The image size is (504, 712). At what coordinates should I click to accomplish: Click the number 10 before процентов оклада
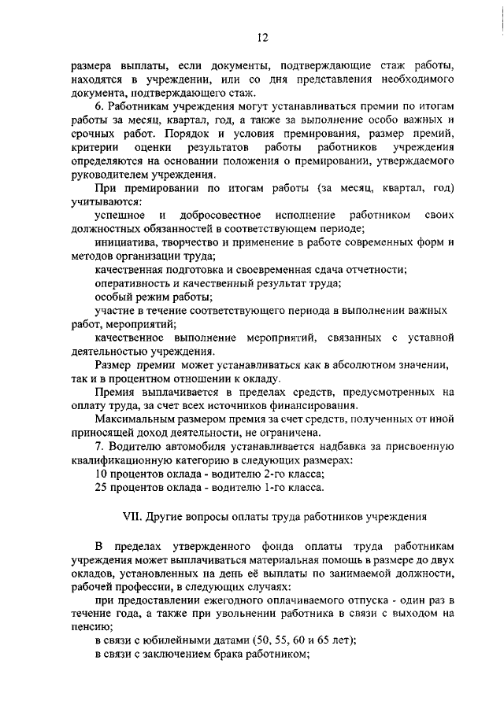click(x=101, y=474)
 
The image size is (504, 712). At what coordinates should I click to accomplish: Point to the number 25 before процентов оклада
click(x=101, y=488)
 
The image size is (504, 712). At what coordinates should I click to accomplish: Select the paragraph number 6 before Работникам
click(x=98, y=106)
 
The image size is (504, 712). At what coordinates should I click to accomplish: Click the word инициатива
click(x=130, y=242)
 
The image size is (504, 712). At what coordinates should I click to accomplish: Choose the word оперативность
click(x=134, y=283)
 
